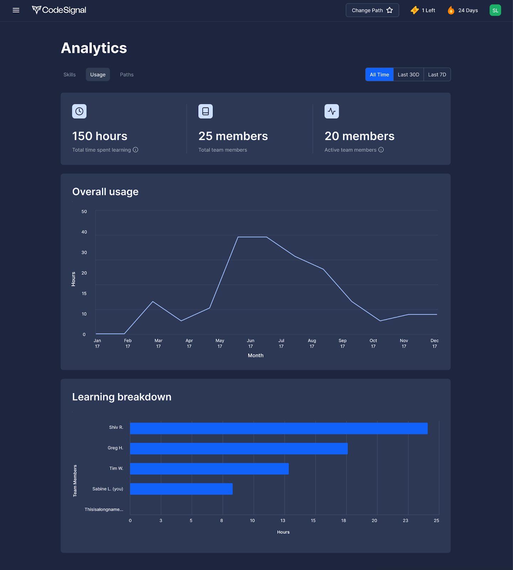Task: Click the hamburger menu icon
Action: (x=16, y=10)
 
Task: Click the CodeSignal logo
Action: (x=59, y=10)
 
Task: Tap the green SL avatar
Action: (x=495, y=10)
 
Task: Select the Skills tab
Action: (x=69, y=74)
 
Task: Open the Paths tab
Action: (x=127, y=74)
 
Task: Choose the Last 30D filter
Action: (x=408, y=74)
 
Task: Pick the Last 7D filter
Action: (x=437, y=74)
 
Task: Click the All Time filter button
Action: (x=379, y=74)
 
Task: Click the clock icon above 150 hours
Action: (x=79, y=111)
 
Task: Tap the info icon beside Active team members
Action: (x=381, y=150)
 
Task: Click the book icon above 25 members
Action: (x=205, y=111)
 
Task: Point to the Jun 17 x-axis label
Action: (x=251, y=343)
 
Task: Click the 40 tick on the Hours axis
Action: (x=84, y=232)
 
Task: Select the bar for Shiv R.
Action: (x=279, y=428)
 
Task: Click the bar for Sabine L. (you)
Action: (x=181, y=489)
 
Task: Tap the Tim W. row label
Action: (x=116, y=468)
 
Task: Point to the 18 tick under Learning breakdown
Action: (x=344, y=520)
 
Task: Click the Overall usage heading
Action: (x=105, y=192)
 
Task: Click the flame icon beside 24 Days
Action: (x=451, y=10)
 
